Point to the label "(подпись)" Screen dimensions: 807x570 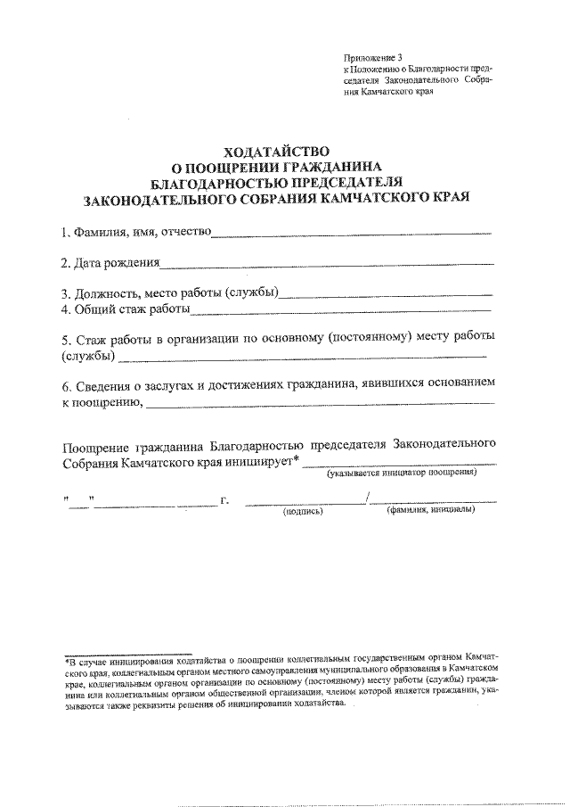pyautogui.click(x=302, y=512)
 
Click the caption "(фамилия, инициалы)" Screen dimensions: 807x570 pyautogui.click(x=430, y=511)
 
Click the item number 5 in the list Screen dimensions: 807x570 pyautogui.click(x=66, y=341)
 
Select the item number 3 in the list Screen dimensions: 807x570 pyautogui.click(x=65, y=294)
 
